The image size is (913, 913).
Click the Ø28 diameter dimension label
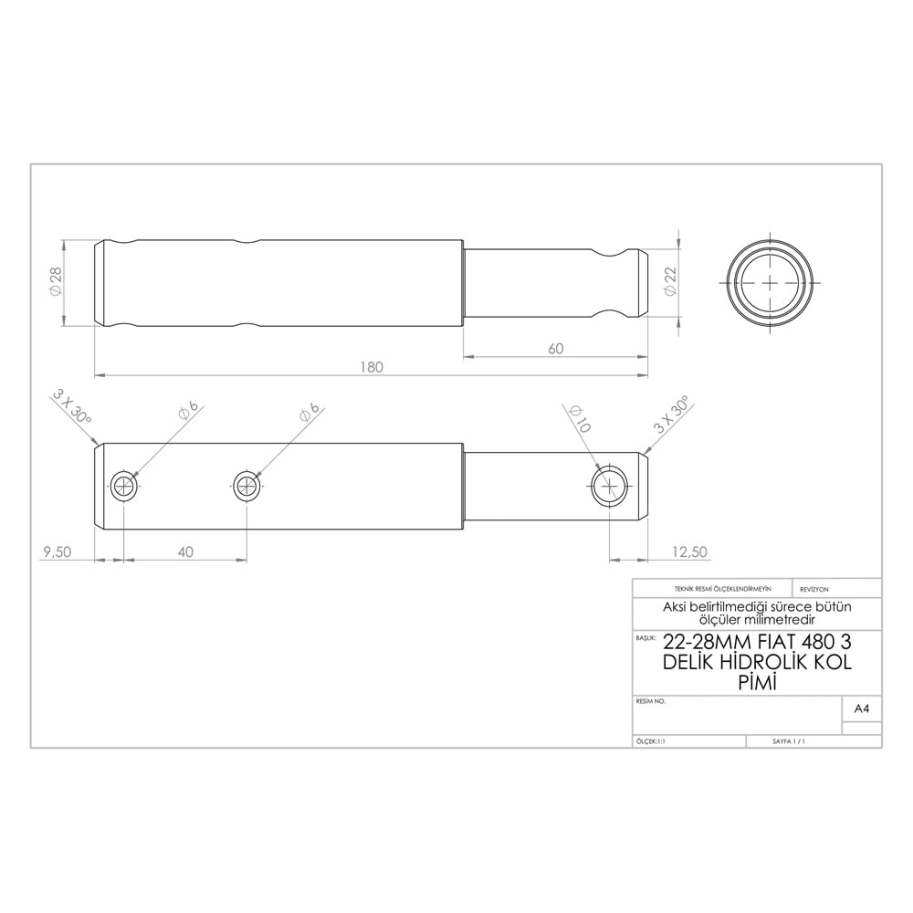[x=56, y=282]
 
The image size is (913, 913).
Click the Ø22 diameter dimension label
[x=670, y=281]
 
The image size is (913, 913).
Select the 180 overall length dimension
[x=372, y=367]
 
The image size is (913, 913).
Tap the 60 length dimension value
[x=556, y=348]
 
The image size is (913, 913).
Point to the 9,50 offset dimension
[x=56, y=551]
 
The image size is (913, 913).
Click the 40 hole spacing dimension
[x=185, y=551]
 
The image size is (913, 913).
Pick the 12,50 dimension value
[x=690, y=551]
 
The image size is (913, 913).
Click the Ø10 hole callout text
[x=578, y=418]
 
